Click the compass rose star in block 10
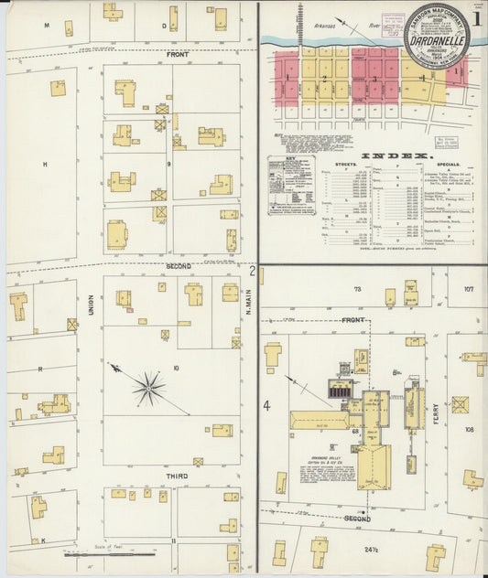tap(147, 387)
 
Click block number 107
tap(468, 290)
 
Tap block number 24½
tap(371, 550)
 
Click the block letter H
tap(44, 164)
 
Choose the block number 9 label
tap(168, 164)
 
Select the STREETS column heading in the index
tap(346, 166)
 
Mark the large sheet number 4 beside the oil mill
tap(267, 404)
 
